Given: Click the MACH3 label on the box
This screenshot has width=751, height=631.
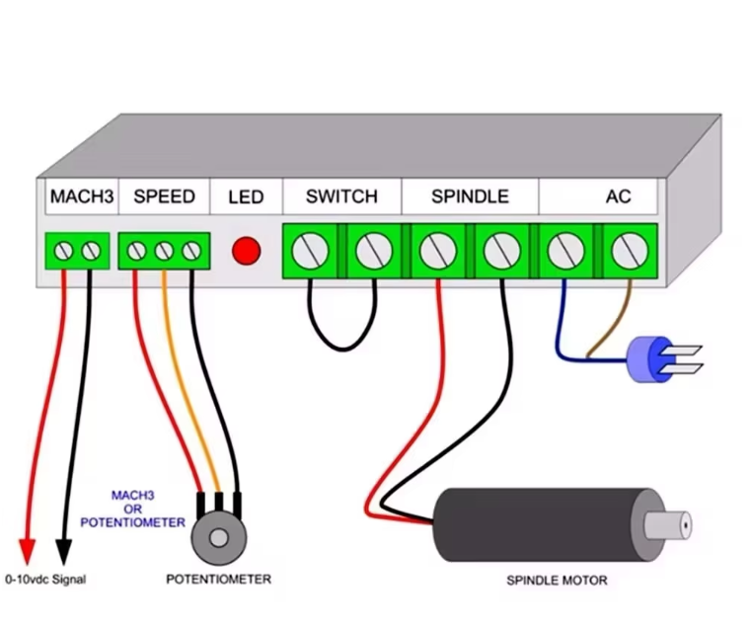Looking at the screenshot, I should pos(82,197).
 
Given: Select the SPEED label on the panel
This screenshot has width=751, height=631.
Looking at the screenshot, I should pos(164,197).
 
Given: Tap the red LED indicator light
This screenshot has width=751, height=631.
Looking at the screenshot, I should pos(246,251).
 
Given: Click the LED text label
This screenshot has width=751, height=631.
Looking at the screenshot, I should pos(246,197).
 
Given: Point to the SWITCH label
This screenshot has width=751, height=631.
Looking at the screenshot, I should pos(341,197).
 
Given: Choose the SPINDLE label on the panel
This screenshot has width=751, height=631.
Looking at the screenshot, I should pos(470,197).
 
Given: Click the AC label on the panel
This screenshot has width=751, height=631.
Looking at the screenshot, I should pos(618,197).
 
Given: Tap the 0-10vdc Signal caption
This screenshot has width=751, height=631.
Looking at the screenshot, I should pos(45,580).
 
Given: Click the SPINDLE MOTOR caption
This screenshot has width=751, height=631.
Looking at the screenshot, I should pos(557,580).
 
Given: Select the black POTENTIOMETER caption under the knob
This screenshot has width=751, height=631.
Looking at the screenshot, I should pos(217,579).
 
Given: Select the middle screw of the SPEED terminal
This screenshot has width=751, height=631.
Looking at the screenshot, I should pos(164,251).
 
